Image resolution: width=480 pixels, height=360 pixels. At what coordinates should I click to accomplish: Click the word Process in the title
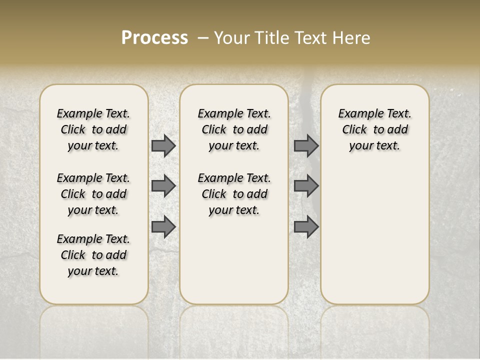click(154, 37)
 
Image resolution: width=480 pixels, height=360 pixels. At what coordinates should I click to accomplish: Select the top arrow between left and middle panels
click(163, 145)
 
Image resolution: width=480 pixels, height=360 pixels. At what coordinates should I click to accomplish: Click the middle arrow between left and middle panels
click(163, 186)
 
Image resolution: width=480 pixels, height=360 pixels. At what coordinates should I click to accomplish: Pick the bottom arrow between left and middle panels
click(163, 226)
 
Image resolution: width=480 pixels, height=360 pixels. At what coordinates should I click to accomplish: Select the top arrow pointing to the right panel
click(306, 145)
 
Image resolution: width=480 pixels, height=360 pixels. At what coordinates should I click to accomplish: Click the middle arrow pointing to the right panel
click(306, 186)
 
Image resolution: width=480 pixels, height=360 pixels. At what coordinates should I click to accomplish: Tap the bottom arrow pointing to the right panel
click(306, 226)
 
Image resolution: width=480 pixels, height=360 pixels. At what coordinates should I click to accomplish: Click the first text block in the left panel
click(93, 129)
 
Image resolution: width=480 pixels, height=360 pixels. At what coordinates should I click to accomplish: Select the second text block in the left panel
click(93, 194)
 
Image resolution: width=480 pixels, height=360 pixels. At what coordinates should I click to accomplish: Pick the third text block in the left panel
click(93, 255)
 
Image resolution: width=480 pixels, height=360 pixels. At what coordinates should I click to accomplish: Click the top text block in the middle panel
click(234, 129)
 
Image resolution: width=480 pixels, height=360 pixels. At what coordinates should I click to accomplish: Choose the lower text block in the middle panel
click(234, 194)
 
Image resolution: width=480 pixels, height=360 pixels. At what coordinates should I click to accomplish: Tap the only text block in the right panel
click(374, 129)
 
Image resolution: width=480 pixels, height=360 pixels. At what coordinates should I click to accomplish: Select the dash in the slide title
click(203, 38)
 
